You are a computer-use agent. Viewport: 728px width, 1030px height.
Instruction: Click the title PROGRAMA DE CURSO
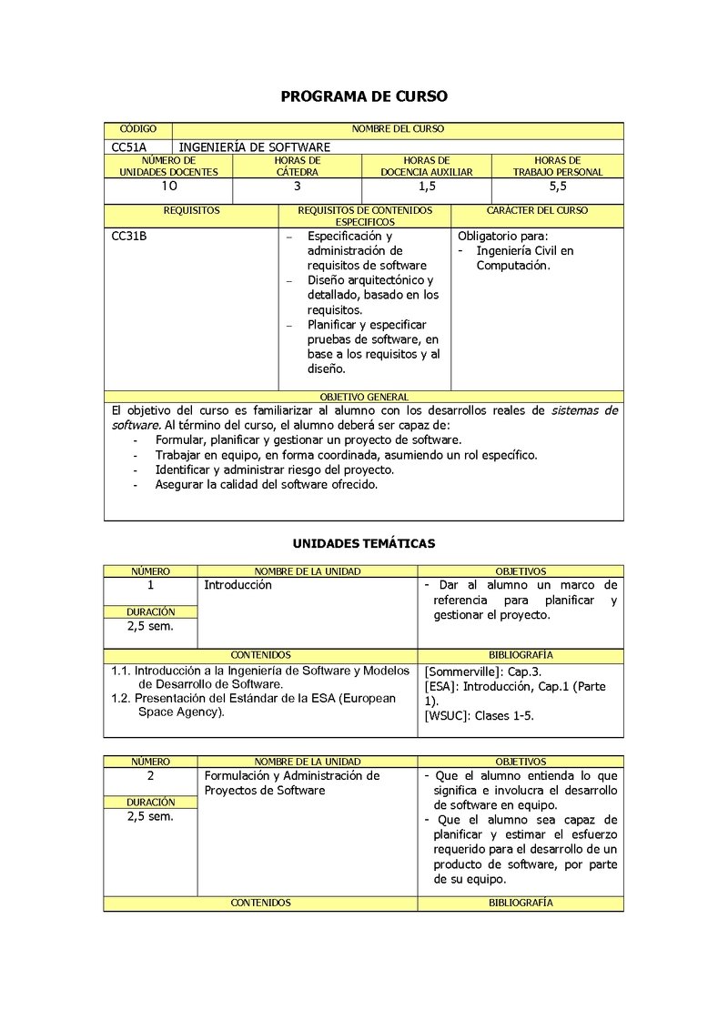(363, 96)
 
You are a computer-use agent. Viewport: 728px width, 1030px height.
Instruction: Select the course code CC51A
(129, 146)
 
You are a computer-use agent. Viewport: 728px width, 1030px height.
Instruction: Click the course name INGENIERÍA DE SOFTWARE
(254, 146)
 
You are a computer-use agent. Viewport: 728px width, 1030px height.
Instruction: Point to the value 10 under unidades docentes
(169, 187)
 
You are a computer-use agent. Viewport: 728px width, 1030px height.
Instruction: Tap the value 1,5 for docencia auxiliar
(427, 187)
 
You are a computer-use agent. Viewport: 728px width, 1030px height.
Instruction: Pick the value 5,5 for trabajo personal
(558, 187)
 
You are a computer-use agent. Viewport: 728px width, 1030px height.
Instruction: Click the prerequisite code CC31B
(129, 237)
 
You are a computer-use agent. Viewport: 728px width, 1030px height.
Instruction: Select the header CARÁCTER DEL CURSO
(537, 211)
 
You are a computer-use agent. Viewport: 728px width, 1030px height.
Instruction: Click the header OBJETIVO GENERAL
(364, 398)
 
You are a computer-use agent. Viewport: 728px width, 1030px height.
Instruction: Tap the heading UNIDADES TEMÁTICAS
(363, 544)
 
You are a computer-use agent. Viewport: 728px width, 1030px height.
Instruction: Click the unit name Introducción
(238, 585)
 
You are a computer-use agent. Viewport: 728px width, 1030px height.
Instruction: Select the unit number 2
(150, 776)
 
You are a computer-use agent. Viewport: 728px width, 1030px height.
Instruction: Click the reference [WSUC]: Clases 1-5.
(479, 715)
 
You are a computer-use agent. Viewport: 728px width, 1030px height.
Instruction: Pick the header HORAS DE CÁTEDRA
(298, 167)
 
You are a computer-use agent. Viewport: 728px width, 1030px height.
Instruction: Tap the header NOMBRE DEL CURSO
(398, 129)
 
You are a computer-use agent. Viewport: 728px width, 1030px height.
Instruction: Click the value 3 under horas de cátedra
(298, 187)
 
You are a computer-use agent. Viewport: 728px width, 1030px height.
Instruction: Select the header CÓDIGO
(138, 129)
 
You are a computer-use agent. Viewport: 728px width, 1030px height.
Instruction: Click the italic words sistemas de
(584, 410)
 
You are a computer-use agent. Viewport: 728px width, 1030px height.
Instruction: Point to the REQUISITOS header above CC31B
(191, 211)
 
